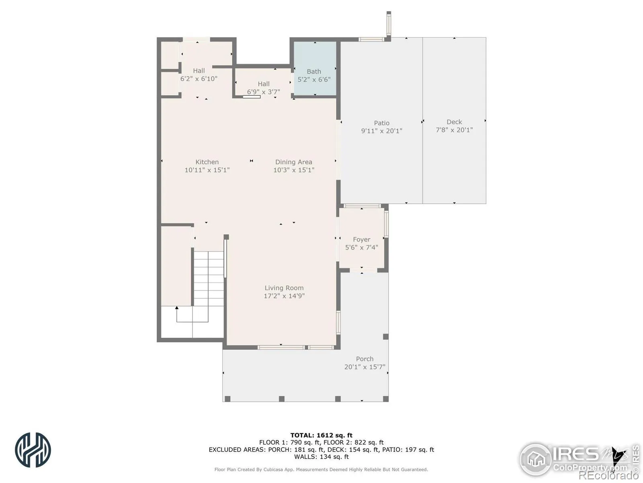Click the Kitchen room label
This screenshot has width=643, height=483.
point(207,162)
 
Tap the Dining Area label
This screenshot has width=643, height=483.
point(293,162)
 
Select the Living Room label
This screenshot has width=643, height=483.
point(284,288)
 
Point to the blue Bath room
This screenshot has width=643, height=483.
point(315,68)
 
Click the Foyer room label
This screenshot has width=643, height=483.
point(361,239)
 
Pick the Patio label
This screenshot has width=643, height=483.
point(381,123)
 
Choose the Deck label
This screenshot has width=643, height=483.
point(454,122)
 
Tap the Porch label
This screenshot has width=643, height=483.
point(365,359)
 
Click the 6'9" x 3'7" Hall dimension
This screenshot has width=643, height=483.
point(263,92)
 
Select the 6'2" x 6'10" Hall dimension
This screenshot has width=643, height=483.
point(199,78)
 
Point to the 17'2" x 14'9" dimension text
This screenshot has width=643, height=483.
point(284,296)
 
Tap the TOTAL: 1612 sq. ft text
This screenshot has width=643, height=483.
point(321,435)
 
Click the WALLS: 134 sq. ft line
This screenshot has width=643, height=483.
point(321,456)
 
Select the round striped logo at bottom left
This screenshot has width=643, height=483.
point(33,450)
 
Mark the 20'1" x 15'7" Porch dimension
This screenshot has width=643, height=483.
point(365,367)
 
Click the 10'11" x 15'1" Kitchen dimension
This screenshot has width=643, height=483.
point(207,170)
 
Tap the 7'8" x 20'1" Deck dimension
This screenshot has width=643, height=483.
point(454,130)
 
